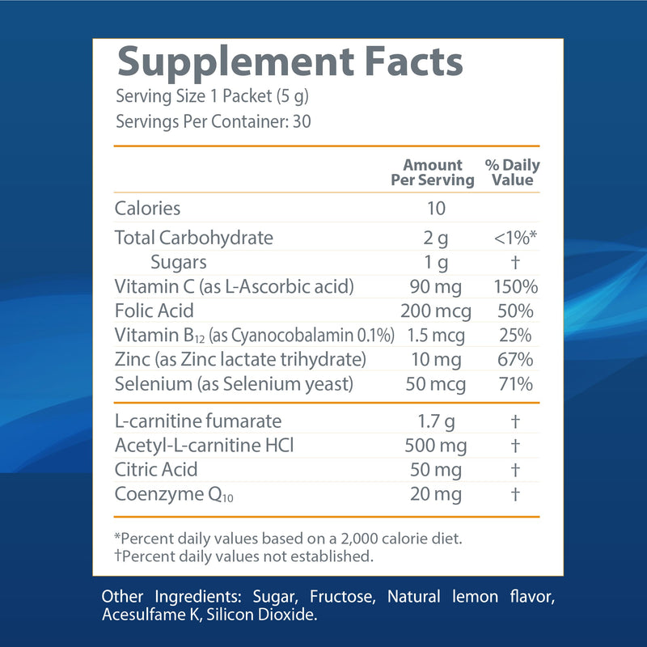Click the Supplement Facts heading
tap(290, 63)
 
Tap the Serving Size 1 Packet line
tap(213, 97)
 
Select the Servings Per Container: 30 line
tap(214, 122)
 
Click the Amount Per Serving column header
tap(433, 172)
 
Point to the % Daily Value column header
tap(513, 172)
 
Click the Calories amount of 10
tap(436, 208)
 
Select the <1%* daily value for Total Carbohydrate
tap(515, 238)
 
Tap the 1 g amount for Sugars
tap(436, 262)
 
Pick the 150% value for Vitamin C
tap(515, 286)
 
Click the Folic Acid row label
tap(154, 311)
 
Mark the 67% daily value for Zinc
tap(515, 359)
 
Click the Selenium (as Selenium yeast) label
tap(234, 383)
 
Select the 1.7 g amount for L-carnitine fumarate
tap(436, 421)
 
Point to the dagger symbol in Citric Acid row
tap(515, 469)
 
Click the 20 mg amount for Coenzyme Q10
tap(436, 493)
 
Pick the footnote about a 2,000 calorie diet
tap(289, 539)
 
